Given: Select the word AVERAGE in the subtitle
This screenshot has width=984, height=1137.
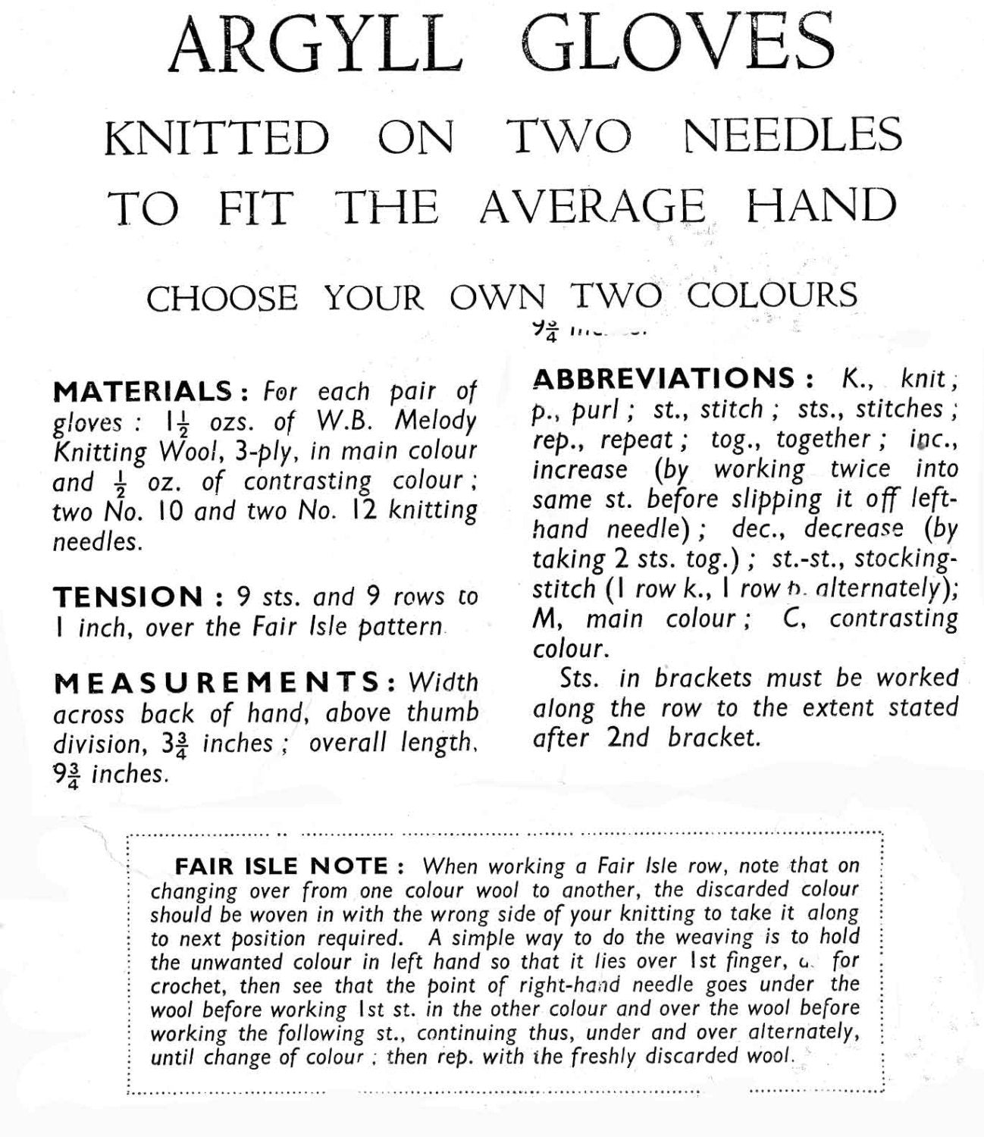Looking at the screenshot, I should [592, 206].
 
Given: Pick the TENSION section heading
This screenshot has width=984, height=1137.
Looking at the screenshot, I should [128, 597].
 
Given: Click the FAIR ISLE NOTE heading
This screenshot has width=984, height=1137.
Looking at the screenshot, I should [282, 866].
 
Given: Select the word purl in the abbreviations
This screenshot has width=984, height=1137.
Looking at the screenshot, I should [594, 409].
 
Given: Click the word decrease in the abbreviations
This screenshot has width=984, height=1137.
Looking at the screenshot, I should [854, 528].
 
